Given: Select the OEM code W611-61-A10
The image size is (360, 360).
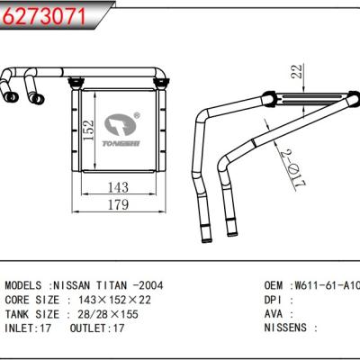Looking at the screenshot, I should pos(325,283).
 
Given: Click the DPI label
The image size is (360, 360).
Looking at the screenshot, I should pos(273,298).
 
